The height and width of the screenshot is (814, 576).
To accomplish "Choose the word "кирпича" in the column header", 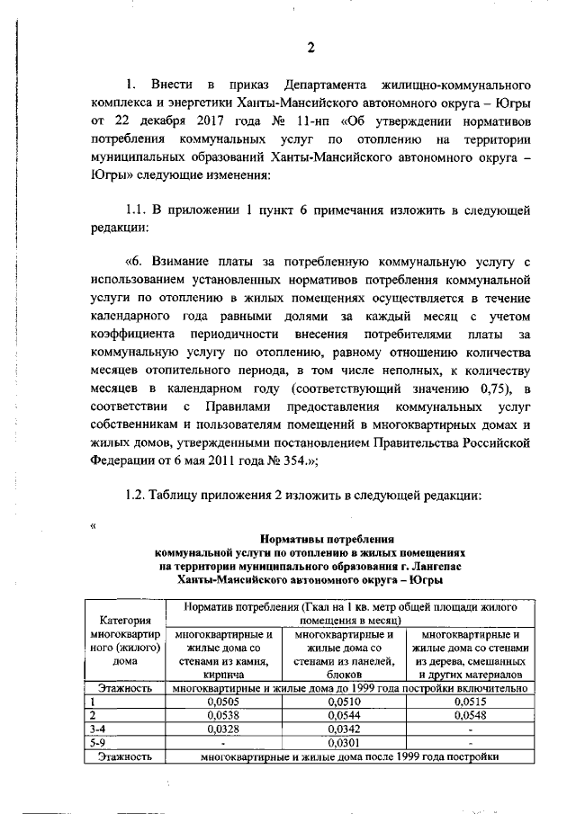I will [x=220, y=673].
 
